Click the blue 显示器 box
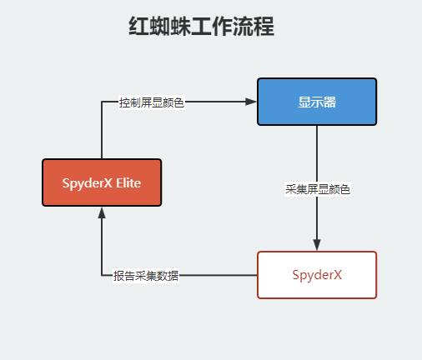[317, 101]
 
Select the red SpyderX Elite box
[101, 182]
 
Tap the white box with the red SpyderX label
[317, 274]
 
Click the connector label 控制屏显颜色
[151, 102]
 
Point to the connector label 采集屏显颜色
[317, 189]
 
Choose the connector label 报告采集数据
[146, 276]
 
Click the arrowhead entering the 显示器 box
[251, 102]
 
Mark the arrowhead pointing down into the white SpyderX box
[317, 244]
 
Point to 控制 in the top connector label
[129, 102]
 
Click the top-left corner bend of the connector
[101, 102]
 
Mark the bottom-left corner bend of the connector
[101, 275]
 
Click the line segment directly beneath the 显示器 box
[317, 150]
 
